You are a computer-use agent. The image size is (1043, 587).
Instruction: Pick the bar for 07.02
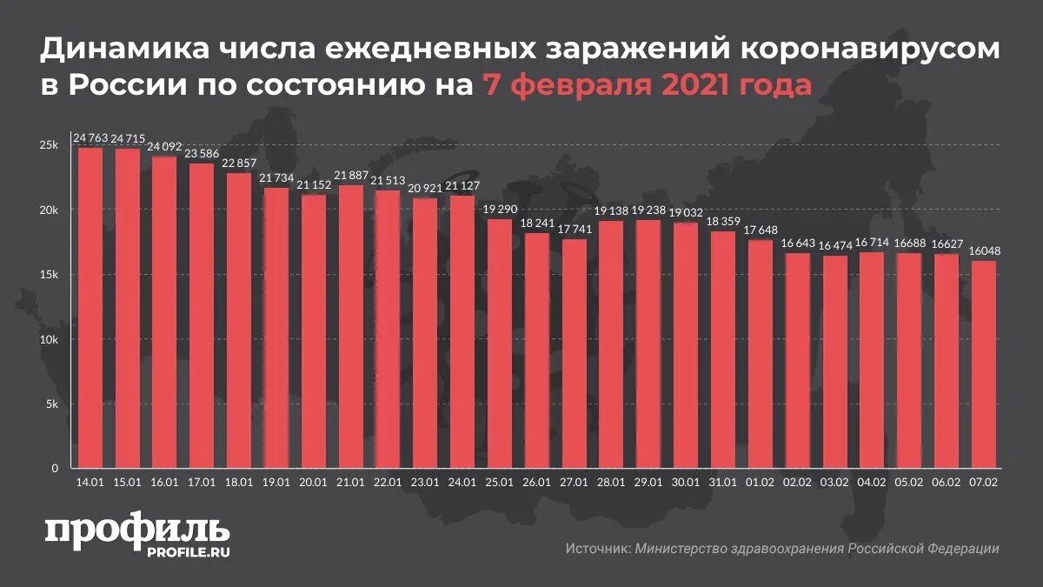click(x=983, y=364)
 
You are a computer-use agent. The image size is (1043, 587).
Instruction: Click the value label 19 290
click(x=500, y=210)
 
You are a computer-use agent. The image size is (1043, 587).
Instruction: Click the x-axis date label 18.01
click(x=239, y=482)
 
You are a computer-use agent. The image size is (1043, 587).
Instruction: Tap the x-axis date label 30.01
click(x=685, y=482)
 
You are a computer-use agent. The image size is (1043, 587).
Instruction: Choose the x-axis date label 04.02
click(x=871, y=482)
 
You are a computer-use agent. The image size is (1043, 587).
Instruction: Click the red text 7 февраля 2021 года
click(x=644, y=86)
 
